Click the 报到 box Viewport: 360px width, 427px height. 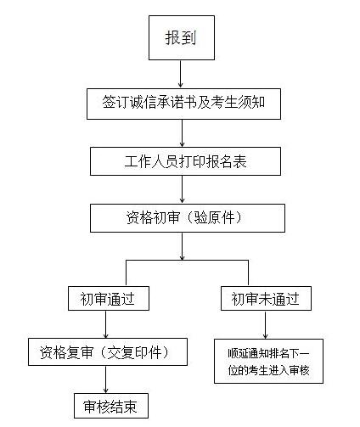pyautogui.click(x=182, y=37)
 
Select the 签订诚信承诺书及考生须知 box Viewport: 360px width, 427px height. pyautogui.click(x=183, y=104)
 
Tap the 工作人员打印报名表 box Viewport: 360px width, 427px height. pyautogui.click(x=185, y=161)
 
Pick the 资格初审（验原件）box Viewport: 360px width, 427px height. pyautogui.click(x=188, y=218)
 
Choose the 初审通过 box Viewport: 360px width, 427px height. pyautogui.click(x=109, y=299)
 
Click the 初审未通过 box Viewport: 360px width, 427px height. pyautogui.click(x=266, y=299)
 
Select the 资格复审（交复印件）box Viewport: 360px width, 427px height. pyautogui.click(x=108, y=352)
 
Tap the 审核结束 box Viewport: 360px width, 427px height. pyautogui.click(x=111, y=406)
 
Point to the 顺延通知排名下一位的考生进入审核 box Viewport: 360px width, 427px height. pyautogui.click(x=268, y=361)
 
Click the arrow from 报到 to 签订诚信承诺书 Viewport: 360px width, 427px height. pyautogui.click(x=181, y=74)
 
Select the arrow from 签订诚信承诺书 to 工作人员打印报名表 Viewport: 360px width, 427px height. pyautogui.click(x=182, y=133)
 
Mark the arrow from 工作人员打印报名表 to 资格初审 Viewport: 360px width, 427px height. pyautogui.click(x=182, y=189)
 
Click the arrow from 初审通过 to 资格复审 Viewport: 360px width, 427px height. pyautogui.click(x=106, y=324)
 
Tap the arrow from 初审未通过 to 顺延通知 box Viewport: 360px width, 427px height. pyautogui.click(x=265, y=325)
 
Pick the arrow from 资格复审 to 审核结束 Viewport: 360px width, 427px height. pyautogui.click(x=106, y=379)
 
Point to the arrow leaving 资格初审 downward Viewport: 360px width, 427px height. pyautogui.click(x=182, y=246)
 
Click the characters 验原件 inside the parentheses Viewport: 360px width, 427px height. pyautogui.click(x=215, y=218)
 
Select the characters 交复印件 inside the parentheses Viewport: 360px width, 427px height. pyautogui.click(x=135, y=352)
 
